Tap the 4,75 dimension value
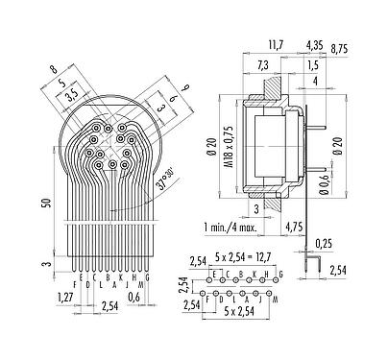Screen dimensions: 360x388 tap(301, 228)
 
